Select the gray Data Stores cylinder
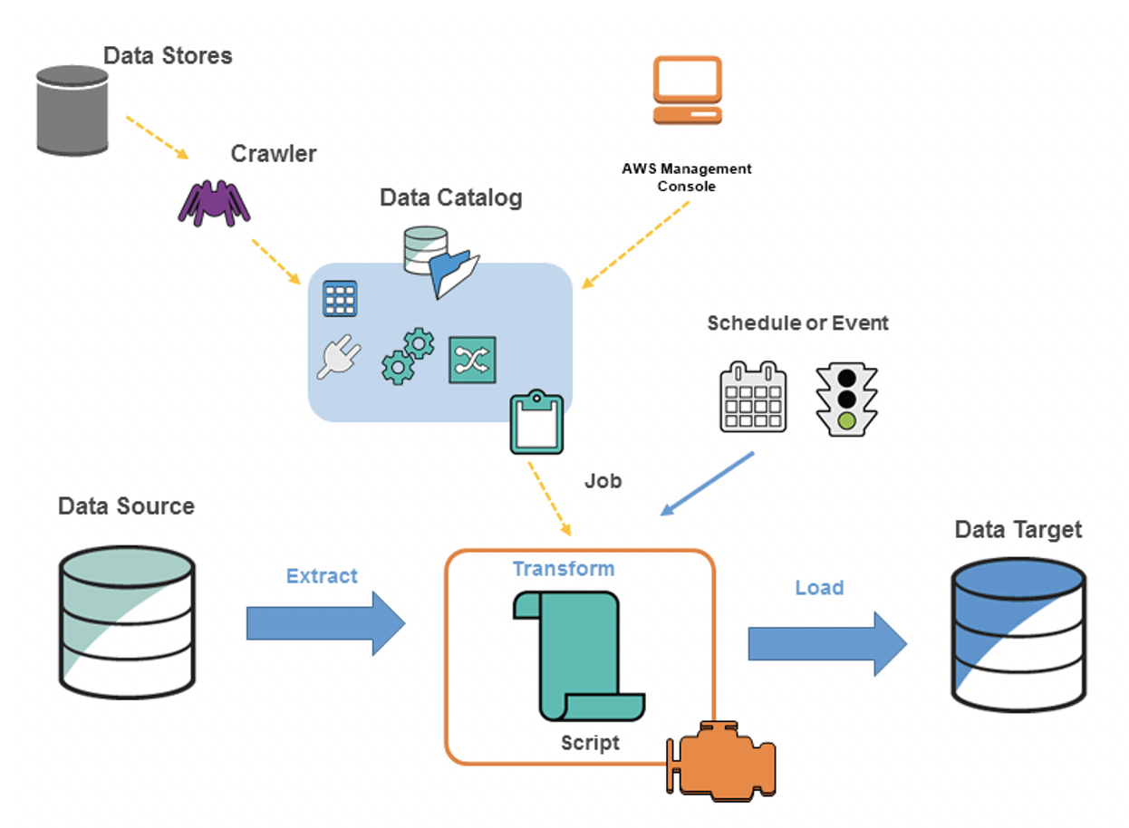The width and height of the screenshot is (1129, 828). coord(72,110)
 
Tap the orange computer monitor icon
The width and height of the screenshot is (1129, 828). coord(689,90)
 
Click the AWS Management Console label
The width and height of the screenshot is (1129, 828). coord(687,177)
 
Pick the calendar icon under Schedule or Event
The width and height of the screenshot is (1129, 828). coord(753,397)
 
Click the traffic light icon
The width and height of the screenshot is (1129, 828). coord(846,398)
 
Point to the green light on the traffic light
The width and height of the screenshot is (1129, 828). coord(846,420)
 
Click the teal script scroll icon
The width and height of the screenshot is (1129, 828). coord(577,652)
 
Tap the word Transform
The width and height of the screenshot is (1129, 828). coord(564,569)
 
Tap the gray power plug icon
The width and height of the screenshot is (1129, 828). coord(337,359)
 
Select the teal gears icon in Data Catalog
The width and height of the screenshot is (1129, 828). coord(407,357)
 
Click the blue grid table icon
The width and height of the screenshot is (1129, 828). coord(340,298)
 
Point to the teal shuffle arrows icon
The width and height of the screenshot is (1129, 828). coord(472,360)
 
